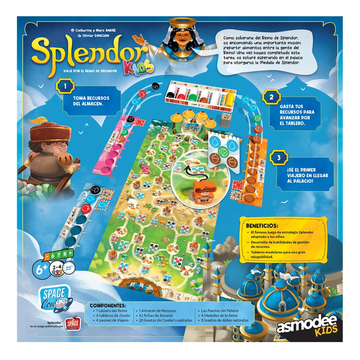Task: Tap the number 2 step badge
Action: (271, 97)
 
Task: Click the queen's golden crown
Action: (182, 24)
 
